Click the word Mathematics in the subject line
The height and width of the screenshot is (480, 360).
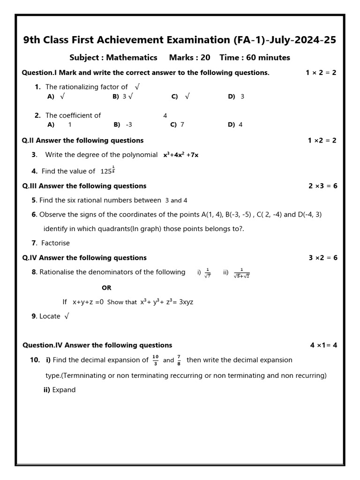click(132, 58)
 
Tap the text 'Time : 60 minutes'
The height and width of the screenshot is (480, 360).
click(255, 58)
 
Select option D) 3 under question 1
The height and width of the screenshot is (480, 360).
click(236, 97)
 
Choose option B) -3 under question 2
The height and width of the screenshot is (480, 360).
click(123, 125)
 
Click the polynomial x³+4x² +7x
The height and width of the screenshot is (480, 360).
click(180, 155)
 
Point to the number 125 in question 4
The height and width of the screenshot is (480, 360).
click(106, 172)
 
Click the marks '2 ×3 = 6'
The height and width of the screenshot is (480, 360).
click(322, 186)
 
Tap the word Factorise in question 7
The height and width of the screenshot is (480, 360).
click(55, 243)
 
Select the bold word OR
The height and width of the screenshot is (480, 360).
click(106, 288)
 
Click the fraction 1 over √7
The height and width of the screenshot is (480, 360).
click(207, 273)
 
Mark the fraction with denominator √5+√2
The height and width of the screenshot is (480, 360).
click(242, 273)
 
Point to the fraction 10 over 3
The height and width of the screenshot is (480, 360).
click(156, 360)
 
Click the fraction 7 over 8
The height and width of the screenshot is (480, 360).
click(179, 360)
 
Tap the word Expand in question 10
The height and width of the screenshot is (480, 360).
click(64, 390)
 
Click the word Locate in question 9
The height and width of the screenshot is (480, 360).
click(50, 316)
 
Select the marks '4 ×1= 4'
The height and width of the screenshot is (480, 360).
click(323, 345)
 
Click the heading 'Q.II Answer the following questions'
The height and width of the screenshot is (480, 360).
click(83, 141)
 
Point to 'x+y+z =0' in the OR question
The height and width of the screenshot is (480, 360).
click(88, 302)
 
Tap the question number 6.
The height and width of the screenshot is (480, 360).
click(34, 215)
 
